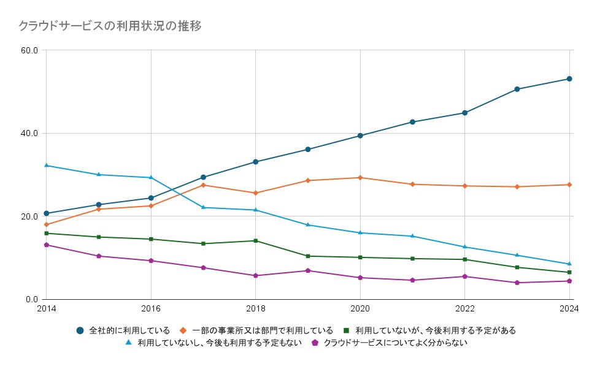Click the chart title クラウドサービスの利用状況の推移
pyautogui.click(x=110, y=26)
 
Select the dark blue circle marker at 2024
pyautogui.click(x=569, y=79)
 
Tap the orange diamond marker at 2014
pyautogui.click(x=46, y=224)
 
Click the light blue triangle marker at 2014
pyautogui.click(x=46, y=166)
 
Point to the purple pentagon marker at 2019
pyautogui.click(x=308, y=270)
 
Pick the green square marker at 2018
pyautogui.click(x=255, y=240)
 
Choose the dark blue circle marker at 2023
pyautogui.click(x=517, y=89)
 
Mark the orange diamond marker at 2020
pyautogui.click(x=360, y=178)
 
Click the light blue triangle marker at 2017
pyautogui.click(x=203, y=207)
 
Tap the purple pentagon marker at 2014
pyautogui.click(x=46, y=245)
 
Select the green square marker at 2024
pyautogui.click(x=569, y=272)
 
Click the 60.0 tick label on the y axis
pyautogui.click(x=29, y=50)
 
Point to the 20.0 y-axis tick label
pyautogui.click(x=29, y=216)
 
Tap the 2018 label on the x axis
pyautogui.click(x=255, y=308)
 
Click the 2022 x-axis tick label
pyautogui.click(x=464, y=308)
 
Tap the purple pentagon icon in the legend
pyautogui.click(x=315, y=343)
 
